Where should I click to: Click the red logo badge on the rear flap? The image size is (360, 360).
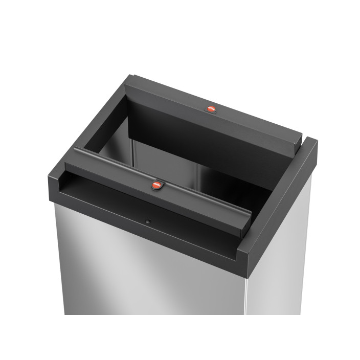pyautogui.click(x=211, y=109)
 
